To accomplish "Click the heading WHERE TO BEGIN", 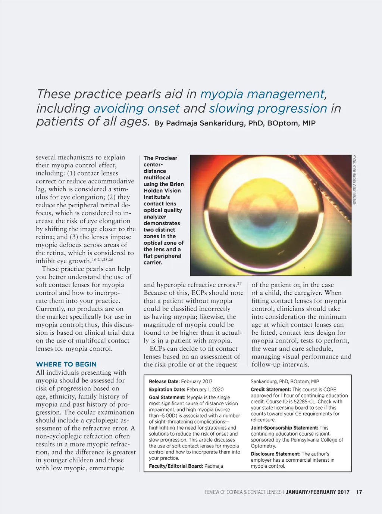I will click(x=66, y=364).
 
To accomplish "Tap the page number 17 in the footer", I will click(x=359, y=492).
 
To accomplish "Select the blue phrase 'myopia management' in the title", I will click(x=263, y=94).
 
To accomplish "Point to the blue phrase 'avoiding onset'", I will click(x=137, y=109).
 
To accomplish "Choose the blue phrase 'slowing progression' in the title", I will click(x=268, y=109).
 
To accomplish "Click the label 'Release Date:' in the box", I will click(x=164, y=381).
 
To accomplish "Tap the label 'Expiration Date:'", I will click(x=167, y=389).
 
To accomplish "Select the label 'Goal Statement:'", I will click(x=167, y=397).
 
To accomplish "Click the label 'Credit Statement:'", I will click(x=271, y=389).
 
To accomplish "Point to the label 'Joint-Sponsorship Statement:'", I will click(x=284, y=428).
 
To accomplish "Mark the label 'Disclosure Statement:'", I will click(x=275, y=454).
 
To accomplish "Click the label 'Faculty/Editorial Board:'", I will click(x=176, y=466).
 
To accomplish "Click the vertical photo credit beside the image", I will click(x=354, y=179).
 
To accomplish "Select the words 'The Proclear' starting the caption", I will click(x=160, y=158).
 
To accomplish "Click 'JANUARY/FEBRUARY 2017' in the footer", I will click(x=317, y=492).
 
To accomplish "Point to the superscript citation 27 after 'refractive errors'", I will click(x=239, y=284).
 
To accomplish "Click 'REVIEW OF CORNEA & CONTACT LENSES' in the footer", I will click(x=243, y=492).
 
